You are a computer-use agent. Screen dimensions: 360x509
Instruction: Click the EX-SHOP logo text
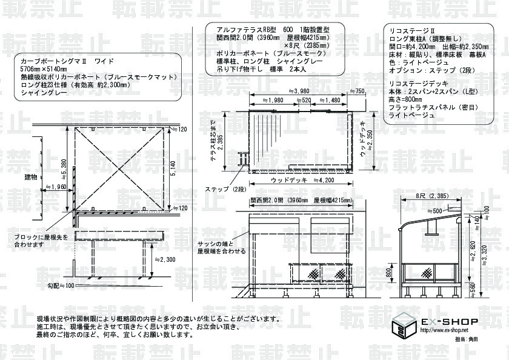coord(449,321)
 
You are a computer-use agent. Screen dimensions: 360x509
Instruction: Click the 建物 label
coord(31,177)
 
